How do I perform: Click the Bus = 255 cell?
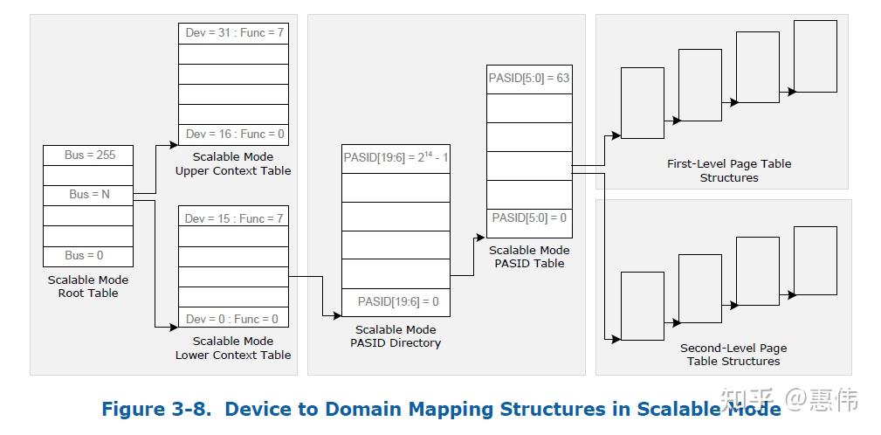coord(88,155)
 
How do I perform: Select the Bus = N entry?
coord(88,195)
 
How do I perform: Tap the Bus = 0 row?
coord(88,256)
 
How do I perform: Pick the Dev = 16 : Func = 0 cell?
coord(233,135)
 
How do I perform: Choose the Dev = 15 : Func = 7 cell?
coord(233,218)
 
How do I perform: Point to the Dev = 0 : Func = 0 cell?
coord(233,319)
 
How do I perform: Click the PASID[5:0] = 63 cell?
coord(529,79)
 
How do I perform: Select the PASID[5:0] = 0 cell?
coord(529,218)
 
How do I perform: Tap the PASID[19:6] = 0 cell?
coord(396,302)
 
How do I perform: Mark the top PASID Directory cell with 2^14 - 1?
coord(396,158)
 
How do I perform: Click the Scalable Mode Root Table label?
coord(88,287)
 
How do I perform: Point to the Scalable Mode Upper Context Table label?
coord(233,164)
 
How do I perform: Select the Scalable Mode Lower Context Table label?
coord(233,349)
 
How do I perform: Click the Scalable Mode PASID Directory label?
coord(396,336)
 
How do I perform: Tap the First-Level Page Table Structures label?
coord(729,170)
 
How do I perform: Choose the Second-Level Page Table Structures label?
coord(733,355)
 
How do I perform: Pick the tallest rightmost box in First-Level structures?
coord(815,56)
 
